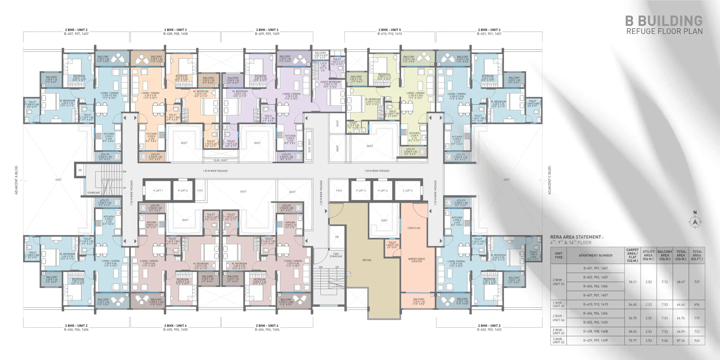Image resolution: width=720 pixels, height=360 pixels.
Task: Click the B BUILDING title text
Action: pos(664,21)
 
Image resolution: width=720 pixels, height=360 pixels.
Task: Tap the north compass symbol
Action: pos(695,222)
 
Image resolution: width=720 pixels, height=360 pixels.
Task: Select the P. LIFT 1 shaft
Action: pos(158,191)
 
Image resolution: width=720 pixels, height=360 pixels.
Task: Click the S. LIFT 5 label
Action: pos(407,191)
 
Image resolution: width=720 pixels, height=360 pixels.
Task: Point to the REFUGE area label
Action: pos(367,260)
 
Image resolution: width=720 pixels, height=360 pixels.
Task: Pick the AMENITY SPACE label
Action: pos(416,259)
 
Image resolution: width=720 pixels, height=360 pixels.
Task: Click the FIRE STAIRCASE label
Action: pos(336,255)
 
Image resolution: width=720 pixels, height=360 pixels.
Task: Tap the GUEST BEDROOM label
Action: pos(330,82)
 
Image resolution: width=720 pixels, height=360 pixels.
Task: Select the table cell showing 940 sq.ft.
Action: pos(697,341)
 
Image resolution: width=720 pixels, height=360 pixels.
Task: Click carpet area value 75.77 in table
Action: pos(632,341)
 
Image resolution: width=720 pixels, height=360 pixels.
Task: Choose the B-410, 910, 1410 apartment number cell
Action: pos(595,304)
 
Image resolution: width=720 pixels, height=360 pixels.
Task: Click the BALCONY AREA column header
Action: pos(665,255)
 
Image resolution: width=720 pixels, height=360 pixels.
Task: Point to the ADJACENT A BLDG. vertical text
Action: pos(16,180)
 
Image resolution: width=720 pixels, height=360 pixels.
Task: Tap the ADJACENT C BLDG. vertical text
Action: pos(549,180)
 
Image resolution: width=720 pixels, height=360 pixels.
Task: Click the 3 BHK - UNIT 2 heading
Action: pos(267,30)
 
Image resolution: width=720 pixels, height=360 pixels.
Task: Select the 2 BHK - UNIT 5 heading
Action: pos(390,30)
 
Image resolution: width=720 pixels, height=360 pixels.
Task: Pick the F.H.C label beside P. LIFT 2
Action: pos(200,191)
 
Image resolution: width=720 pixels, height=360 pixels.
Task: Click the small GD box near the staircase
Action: pos(80,170)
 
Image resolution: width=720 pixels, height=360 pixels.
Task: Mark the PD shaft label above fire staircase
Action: pos(337,237)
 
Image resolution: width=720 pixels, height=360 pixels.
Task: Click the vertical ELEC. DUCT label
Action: pos(309,145)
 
